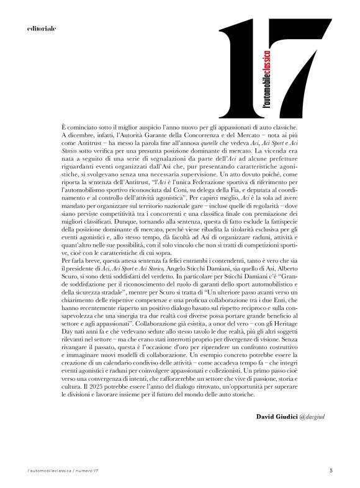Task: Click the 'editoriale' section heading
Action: tap(42, 29)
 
